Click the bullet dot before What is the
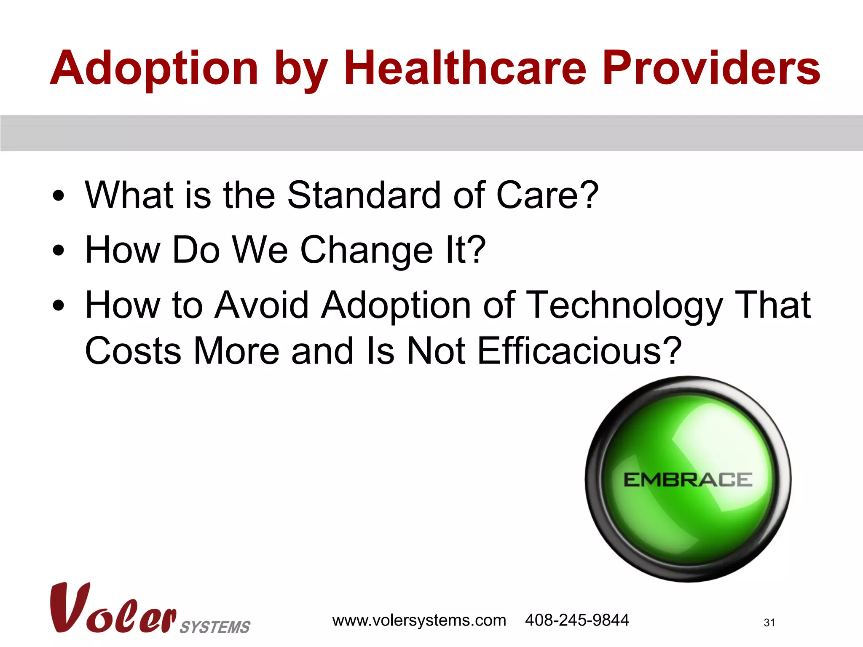coord(59,196)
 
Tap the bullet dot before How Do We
coord(59,251)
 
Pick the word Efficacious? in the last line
coord(579,350)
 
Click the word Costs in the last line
coord(133,350)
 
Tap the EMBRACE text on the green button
coord(687,480)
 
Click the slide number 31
coord(769,623)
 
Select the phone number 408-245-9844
coord(576,620)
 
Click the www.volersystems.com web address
coord(419,620)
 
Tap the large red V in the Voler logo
coord(67,607)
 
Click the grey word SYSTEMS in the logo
coord(215,627)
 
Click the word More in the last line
coord(236,350)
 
